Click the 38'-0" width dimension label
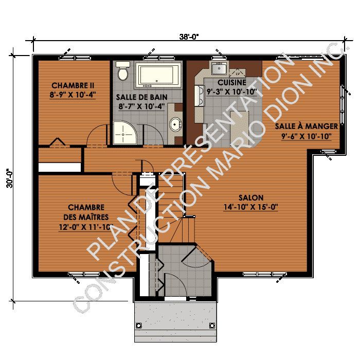click(x=189, y=37)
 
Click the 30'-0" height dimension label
click(x=9, y=178)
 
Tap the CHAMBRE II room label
click(x=72, y=85)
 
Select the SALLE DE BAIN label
click(x=137, y=97)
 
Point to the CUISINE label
click(x=231, y=82)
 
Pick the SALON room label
click(x=250, y=197)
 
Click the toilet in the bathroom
click(x=122, y=71)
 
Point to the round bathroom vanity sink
click(x=176, y=124)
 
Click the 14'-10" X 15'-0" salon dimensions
click(x=250, y=207)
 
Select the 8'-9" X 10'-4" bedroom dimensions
click(x=72, y=95)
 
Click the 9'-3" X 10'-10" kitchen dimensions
click(x=231, y=92)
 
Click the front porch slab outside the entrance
click(x=175, y=321)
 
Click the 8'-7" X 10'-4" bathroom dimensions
click(x=137, y=106)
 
